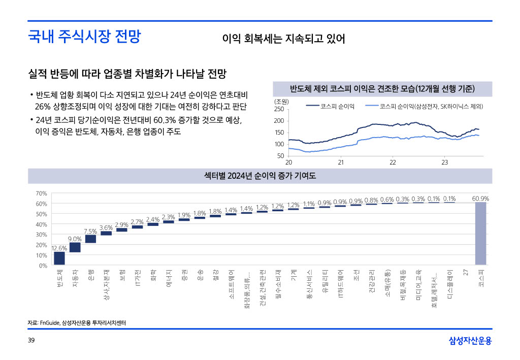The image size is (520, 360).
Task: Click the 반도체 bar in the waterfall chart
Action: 59,258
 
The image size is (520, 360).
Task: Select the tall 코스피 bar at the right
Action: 481,234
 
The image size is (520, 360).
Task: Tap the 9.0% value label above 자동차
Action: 75,239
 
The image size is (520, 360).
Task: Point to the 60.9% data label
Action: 480,199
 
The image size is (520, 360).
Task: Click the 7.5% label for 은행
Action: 90,231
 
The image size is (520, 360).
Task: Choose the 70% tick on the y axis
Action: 42,193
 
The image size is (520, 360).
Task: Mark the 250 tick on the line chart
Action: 279,109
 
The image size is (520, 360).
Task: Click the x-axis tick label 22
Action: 393,162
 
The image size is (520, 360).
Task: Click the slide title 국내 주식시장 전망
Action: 84,37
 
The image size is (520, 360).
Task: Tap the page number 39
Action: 31,340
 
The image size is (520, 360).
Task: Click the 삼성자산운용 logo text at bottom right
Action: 470,340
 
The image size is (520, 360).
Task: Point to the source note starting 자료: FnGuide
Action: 77,323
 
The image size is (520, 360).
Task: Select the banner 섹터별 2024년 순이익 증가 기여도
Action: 259,176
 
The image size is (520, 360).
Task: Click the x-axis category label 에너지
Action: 169,279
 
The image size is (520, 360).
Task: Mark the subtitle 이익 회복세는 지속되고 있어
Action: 283,39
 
